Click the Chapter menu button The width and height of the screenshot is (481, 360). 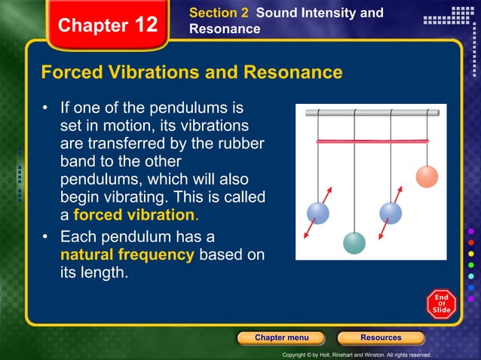coord(281,337)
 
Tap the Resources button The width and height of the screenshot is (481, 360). coord(381,337)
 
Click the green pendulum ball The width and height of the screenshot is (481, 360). coord(354,243)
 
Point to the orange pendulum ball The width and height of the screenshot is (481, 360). coord(427,176)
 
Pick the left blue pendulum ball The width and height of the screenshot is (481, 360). coord(318,213)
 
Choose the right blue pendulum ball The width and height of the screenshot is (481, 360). coord(391,213)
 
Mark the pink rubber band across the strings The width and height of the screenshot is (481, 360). coord(372,141)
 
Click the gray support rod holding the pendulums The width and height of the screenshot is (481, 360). coord(372,113)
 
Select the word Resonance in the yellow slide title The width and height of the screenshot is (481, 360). coord(293,73)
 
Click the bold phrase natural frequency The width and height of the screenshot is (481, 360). coord(127,255)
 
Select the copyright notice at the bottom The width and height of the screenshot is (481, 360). coord(356,354)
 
